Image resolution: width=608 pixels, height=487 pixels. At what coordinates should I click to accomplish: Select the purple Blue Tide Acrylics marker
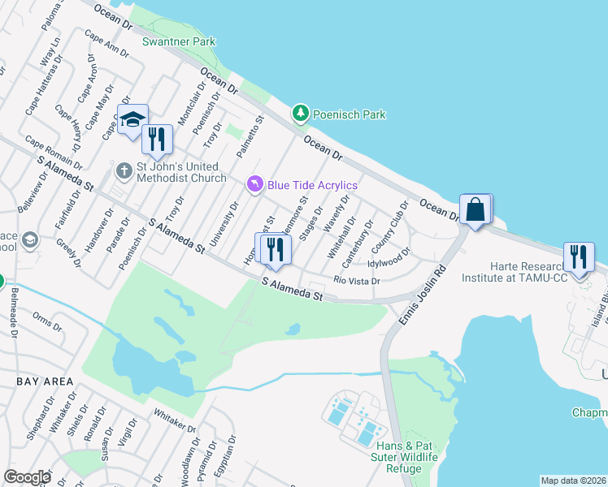[256, 186]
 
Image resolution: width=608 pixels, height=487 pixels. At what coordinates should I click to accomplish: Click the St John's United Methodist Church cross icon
[124, 170]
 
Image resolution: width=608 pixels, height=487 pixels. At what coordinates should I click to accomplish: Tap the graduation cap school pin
[132, 120]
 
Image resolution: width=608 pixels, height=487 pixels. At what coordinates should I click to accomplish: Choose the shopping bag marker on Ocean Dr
[476, 210]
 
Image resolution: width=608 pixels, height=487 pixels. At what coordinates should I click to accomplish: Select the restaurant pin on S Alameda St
[276, 248]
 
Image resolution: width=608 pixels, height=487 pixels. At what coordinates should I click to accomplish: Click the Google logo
[26, 477]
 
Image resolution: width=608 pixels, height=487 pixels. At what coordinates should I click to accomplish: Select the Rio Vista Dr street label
[357, 280]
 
